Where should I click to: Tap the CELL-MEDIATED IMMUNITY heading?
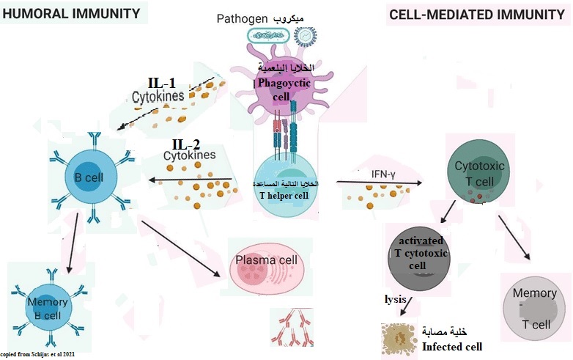coord(477,14)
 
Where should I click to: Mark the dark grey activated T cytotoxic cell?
coord(418,257)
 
